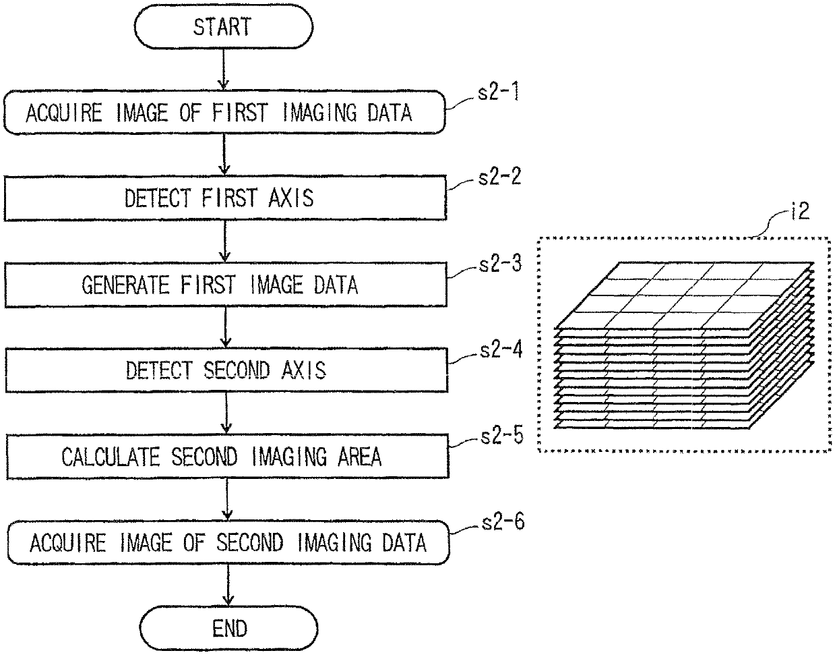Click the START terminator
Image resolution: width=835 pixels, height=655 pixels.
(x=224, y=26)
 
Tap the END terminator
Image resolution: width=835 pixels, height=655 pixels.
(x=229, y=629)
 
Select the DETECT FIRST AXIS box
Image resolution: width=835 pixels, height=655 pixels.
(x=225, y=198)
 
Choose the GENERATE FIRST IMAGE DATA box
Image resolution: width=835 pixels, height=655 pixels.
(x=226, y=285)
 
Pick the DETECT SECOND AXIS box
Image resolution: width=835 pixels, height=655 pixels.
(x=226, y=370)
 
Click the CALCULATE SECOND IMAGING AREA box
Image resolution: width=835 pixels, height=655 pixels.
(x=228, y=457)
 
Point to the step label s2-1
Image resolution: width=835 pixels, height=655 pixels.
(x=499, y=92)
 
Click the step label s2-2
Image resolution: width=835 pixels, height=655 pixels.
(x=499, y=177)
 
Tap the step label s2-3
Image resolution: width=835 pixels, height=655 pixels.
(x=500, y=264)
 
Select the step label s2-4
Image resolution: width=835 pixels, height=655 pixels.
(x=501, y=349)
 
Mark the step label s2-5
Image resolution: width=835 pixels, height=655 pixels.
(x=502, y=436)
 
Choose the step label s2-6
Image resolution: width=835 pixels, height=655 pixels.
(x=503, y=522)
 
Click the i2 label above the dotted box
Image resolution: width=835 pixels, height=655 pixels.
(x=801, y=210)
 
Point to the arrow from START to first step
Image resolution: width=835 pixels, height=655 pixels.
(x=223, y=69)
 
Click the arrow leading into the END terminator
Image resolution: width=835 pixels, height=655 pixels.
(x=228, y=586)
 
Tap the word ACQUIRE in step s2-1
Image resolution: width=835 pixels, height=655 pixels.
(x=64, y=113)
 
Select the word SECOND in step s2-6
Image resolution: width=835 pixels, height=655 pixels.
(x=250, y=543)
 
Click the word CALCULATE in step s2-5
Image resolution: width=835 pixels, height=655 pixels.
(x=111, y=457)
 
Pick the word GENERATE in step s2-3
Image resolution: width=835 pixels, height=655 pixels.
(x=125, y=285)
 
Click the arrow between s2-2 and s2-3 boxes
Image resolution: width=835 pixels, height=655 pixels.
(x=225, y=241)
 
